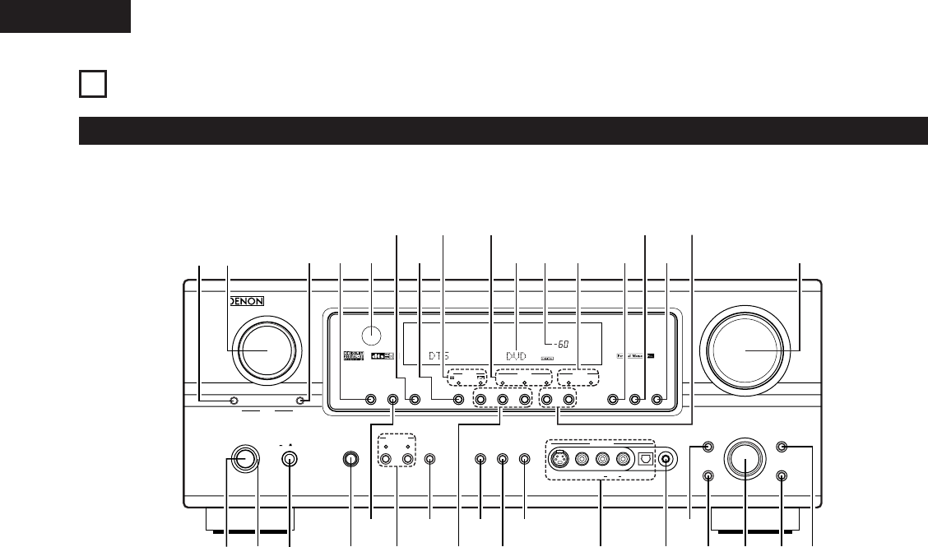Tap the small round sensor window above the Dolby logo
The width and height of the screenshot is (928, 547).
pos(372,334)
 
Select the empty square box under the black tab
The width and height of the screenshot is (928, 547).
pos(93,85)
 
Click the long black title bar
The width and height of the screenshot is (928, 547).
pos(502,132)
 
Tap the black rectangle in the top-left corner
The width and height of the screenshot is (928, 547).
pos(65,16)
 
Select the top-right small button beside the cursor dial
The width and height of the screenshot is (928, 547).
pos(782,447)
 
